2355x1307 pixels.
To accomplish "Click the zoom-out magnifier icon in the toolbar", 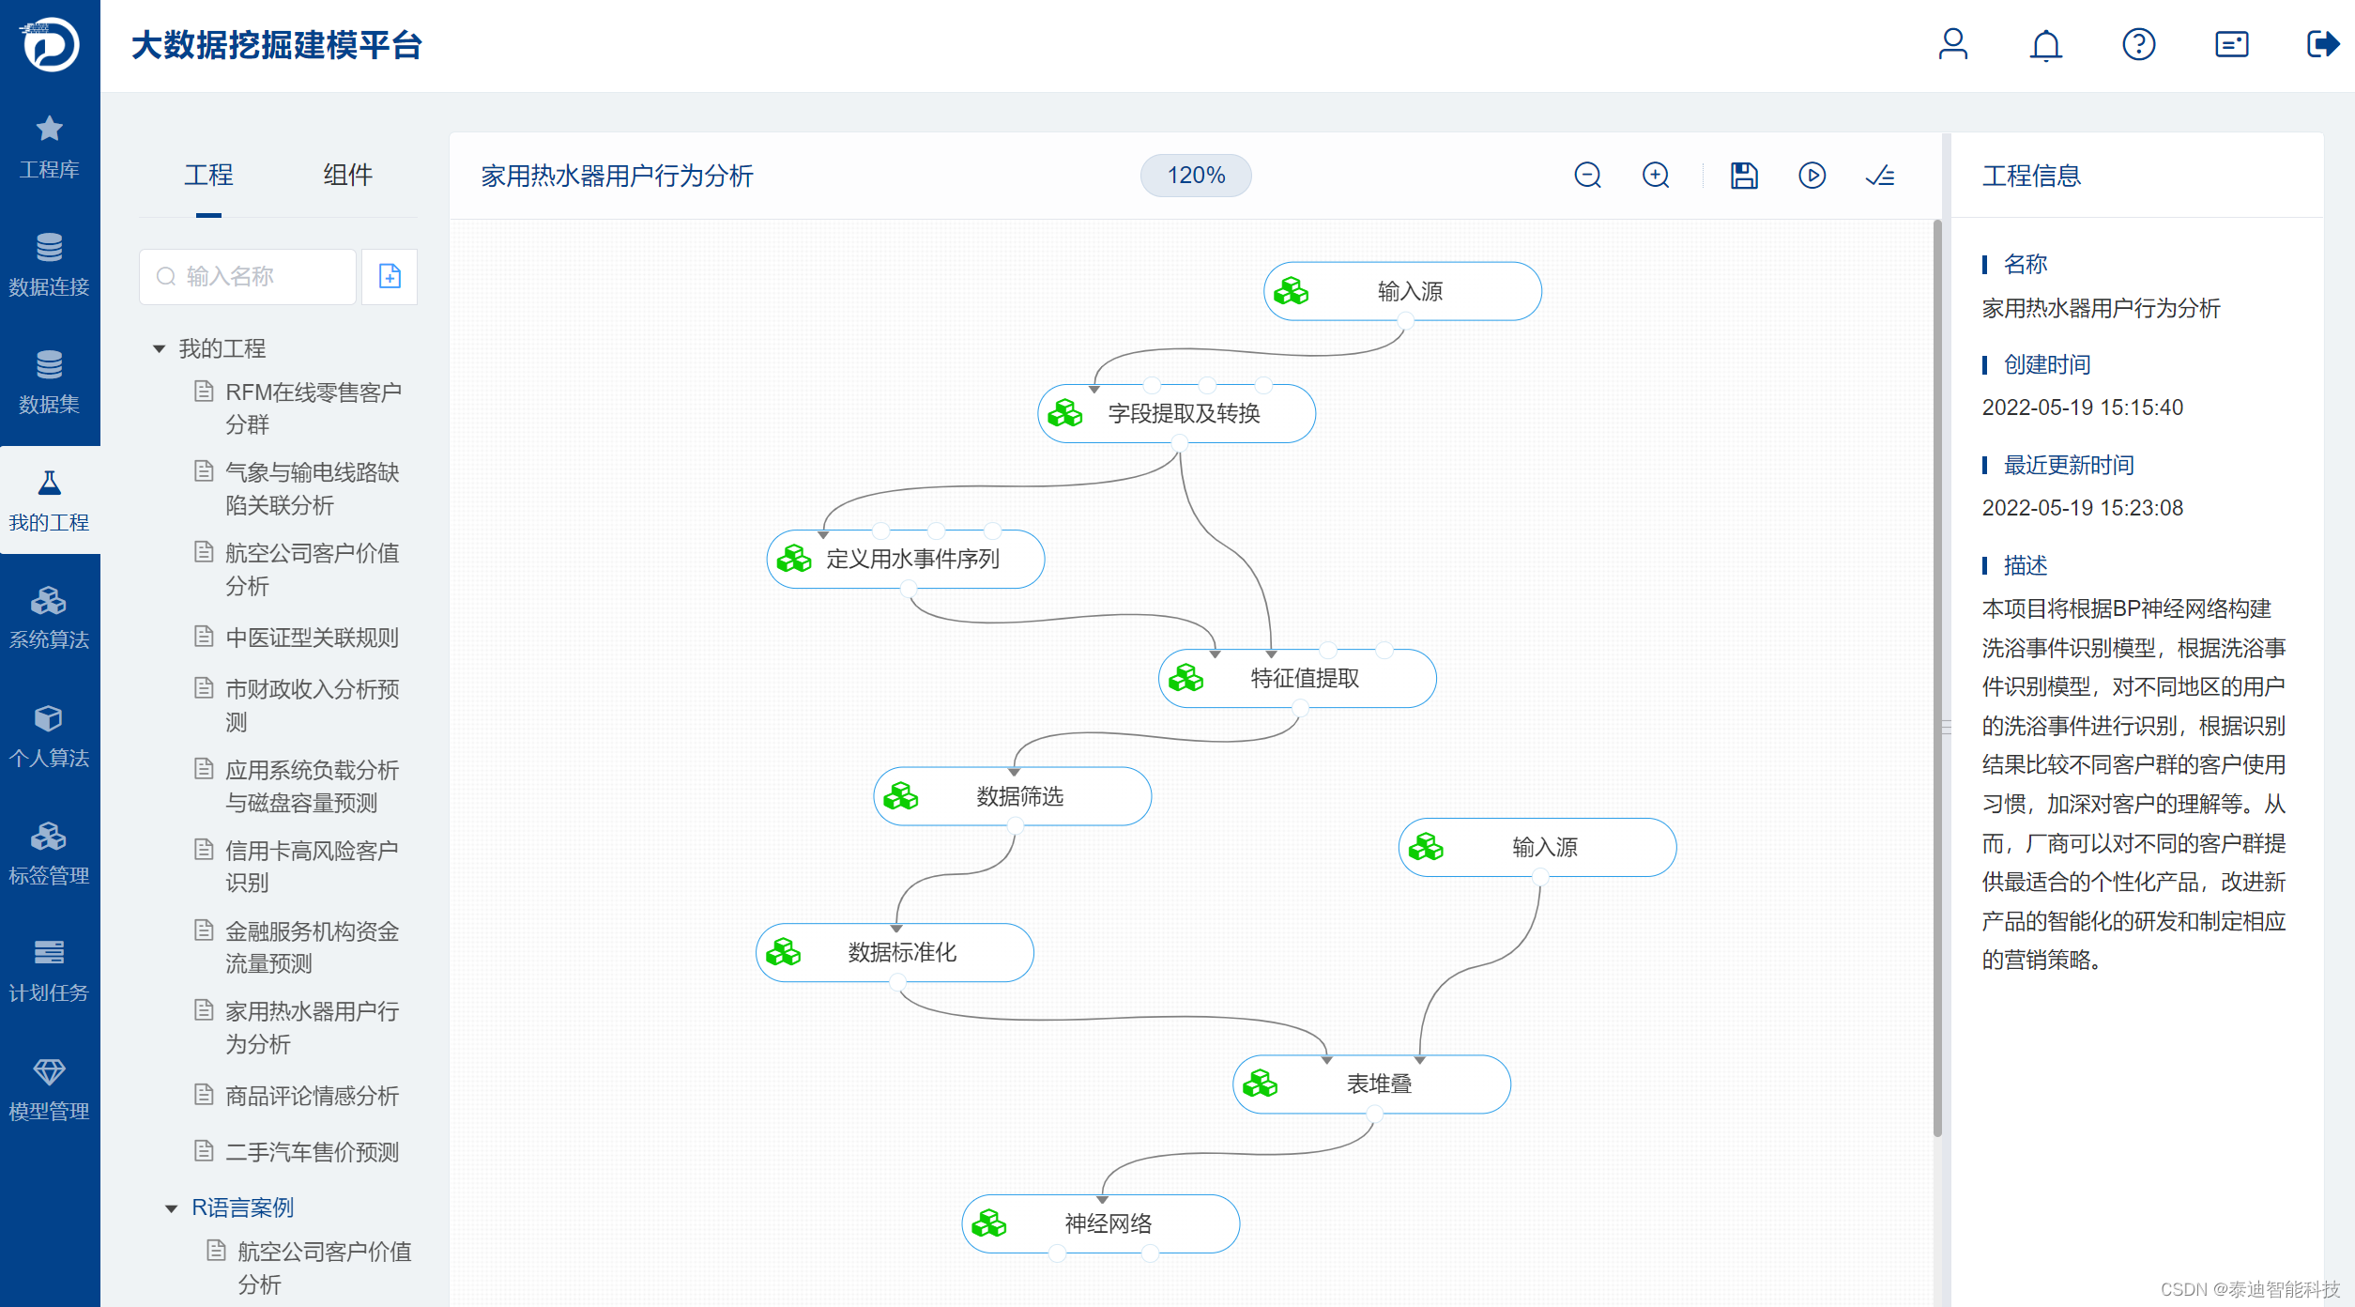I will coord(1587,176).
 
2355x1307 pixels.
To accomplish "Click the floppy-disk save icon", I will coord(1744,176).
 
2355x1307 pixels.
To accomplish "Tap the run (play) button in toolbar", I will coord(1812,176).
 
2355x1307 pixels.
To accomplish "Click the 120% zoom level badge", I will coord(1195,176).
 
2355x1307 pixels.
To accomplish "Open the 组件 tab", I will coord(347,175).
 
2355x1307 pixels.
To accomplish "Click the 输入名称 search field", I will coord(248,276).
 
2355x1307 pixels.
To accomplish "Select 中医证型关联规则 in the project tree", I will coord(312,638).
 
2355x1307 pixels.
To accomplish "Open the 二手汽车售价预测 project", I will coord(312,1151).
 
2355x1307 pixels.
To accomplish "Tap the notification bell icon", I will coord(2045,45).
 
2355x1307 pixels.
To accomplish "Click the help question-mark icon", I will coord(2138,45).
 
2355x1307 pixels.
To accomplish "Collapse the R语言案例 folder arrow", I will coord(172,1208).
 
